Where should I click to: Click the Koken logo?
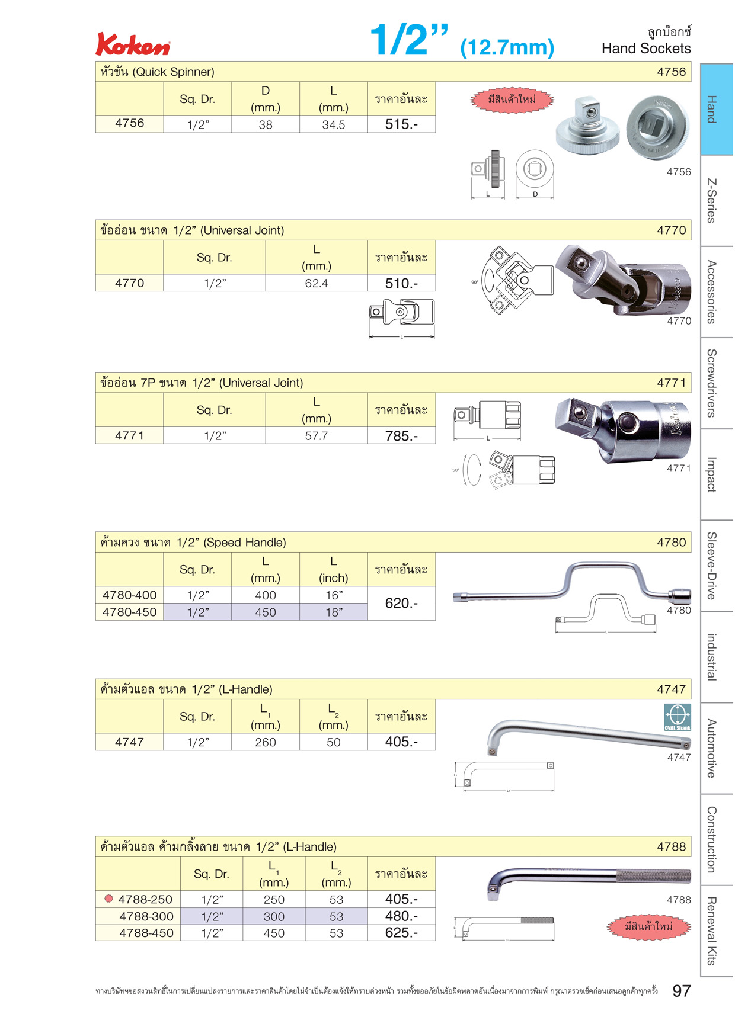133,44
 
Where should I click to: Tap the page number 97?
682,991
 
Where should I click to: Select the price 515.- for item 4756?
401,124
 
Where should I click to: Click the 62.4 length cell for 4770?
317,283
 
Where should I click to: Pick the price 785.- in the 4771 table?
401,436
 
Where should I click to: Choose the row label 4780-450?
130,612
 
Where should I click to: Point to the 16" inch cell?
334,595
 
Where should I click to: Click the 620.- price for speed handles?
401,603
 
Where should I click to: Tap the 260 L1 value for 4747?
266,742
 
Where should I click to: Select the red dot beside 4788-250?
108,899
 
